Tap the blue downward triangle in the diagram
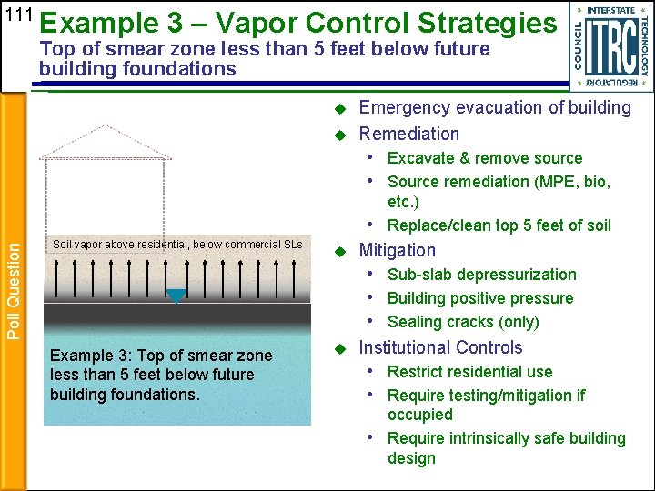coord(176,296)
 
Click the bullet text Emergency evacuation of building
coord(495,107)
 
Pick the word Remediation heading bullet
coord(408,134)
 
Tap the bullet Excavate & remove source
coord(485,158)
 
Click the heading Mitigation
coord(398,250)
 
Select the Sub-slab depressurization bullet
coord(482,275)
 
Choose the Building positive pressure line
coord(480,298)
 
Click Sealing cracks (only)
coord(463,322)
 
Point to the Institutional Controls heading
coord(441,347)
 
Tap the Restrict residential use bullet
coord(469,371)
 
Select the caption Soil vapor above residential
coord(177,245)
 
